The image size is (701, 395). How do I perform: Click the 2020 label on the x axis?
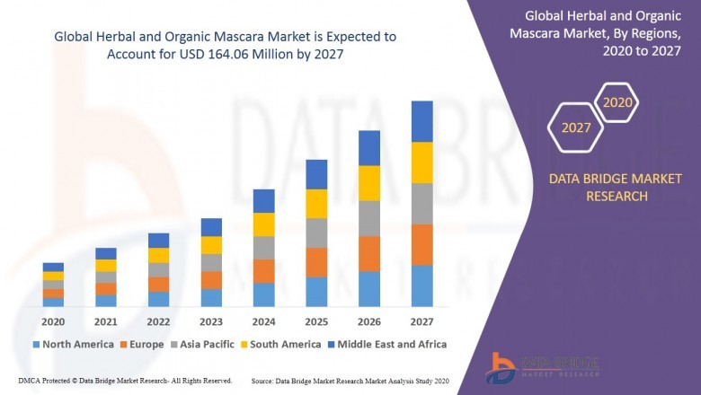(x=53, y=322)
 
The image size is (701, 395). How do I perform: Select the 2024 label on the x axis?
(x=263, y=322)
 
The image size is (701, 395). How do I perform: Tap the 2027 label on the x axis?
(x=421, y=322)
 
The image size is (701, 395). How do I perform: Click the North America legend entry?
(x=73, y=344)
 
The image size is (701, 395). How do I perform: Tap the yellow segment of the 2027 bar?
(x=421, y=162)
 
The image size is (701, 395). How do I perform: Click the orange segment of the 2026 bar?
(x=369, y=254)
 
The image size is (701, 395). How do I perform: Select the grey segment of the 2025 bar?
(x=316, y=233)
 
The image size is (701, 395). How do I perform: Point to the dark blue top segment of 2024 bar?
(x=263, y=201)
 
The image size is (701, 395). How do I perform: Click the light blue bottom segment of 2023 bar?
(x=211, y=298)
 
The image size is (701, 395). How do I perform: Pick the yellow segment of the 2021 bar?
(x=106, y=266)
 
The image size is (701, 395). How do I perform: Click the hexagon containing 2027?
(x=576, y=127)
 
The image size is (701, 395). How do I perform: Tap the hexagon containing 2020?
(x=617, y=102)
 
